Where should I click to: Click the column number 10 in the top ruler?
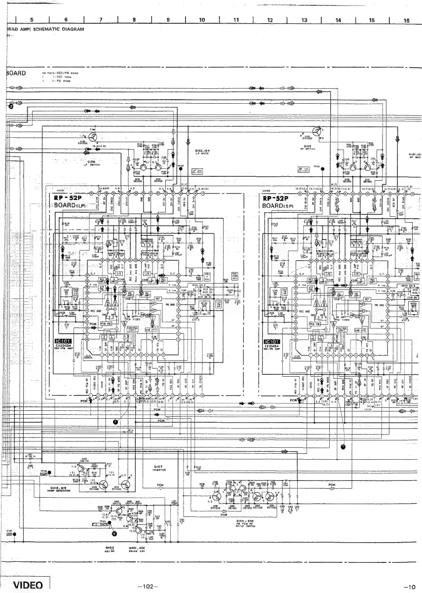(202, 20)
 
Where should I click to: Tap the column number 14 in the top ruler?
(338, 20)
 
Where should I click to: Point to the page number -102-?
(148, 587)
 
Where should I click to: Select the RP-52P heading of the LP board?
(70, 198)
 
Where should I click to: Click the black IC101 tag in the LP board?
(66, 342)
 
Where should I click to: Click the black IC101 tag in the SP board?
(273, 342)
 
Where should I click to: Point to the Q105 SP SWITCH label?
(307, 147)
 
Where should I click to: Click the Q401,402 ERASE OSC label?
(136, 549)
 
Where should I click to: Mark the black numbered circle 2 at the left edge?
(10, 106)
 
